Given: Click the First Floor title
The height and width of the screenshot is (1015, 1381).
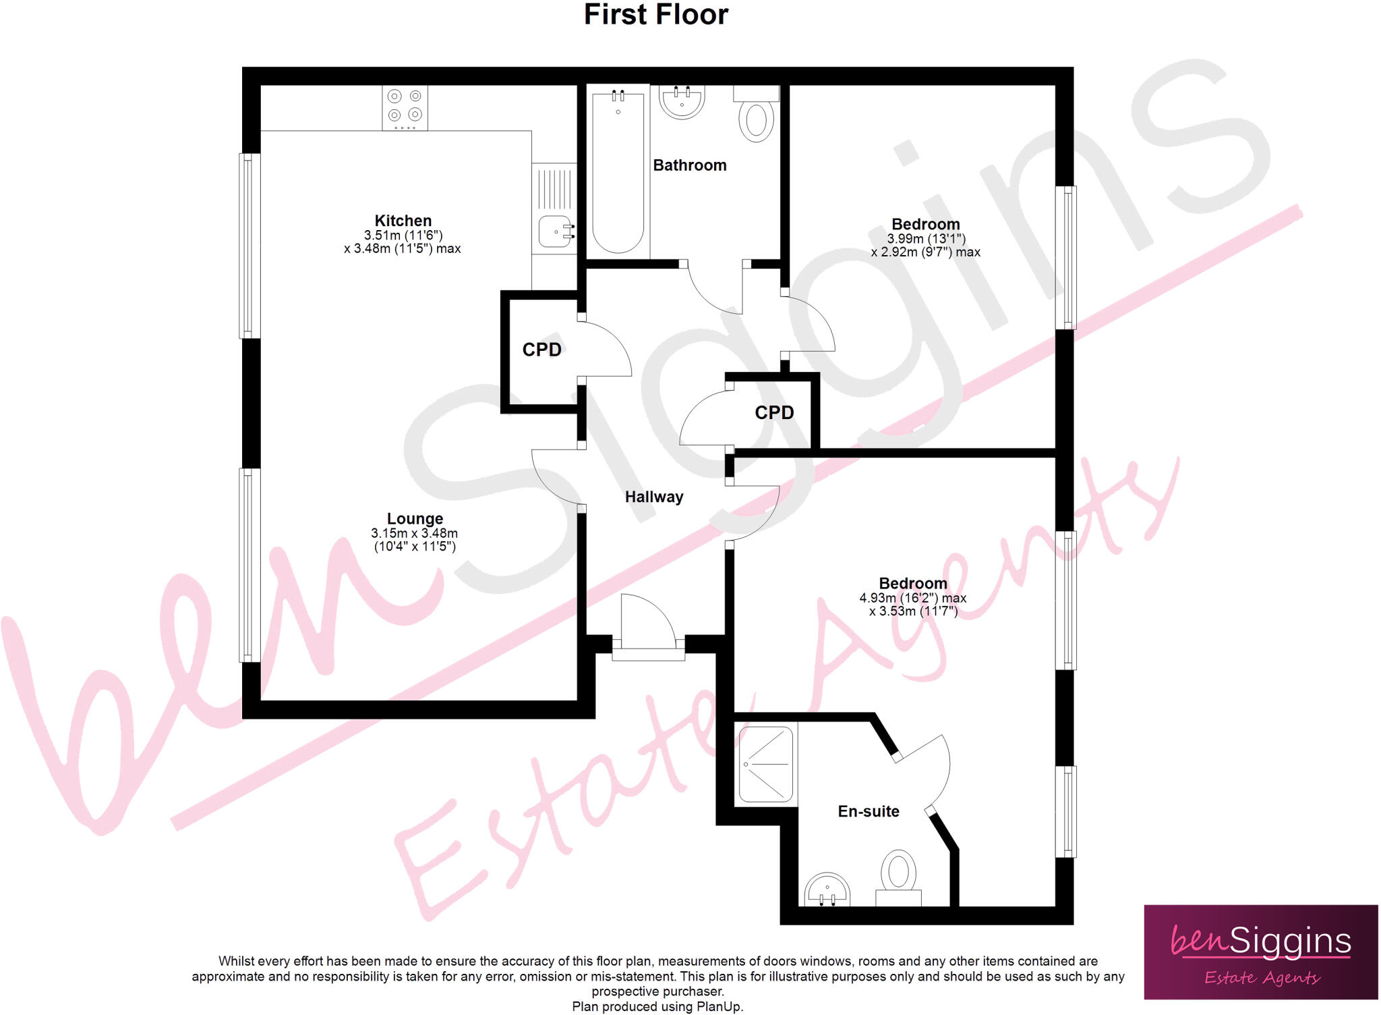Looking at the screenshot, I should click(x=655, y=15).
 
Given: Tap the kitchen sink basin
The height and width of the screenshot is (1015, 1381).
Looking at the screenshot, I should click(x=555, y=231).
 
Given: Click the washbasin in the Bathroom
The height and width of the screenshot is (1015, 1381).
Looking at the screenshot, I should click(x=682, y=101).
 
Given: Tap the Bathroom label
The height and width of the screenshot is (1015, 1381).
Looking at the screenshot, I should click(x=689, y=165).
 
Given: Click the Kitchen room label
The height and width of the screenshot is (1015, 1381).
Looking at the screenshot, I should click(x=403, y=221).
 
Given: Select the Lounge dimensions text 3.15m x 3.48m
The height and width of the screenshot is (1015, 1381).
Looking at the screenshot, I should click(x=414, y=533).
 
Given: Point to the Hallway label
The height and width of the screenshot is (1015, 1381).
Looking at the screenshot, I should click(x=653, y=497).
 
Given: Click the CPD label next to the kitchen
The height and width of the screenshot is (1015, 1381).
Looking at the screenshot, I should click(x=541, y=350).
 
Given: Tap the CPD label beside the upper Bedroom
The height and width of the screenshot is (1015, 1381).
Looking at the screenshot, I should click(x=773, y=412).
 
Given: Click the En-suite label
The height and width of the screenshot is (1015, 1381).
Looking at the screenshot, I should click(x=868, y=812).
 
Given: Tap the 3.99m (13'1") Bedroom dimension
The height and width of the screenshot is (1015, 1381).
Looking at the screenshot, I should click(x=926, y=239).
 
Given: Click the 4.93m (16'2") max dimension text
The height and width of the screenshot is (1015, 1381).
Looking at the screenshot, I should click(x=912, y=598).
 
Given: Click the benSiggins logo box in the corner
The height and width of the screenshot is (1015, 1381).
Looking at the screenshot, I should click(x=1260, y=952).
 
